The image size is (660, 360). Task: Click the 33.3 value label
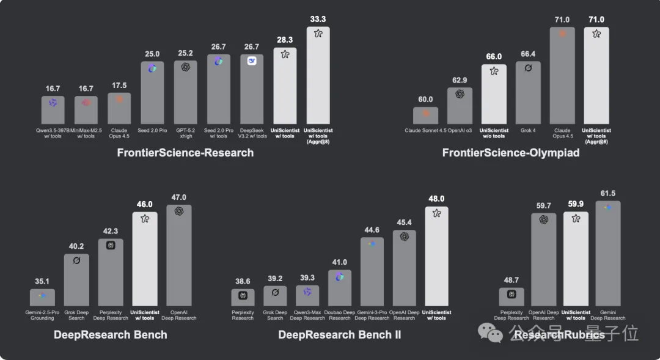click(x=318, y=20)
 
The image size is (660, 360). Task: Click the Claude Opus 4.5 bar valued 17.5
click(x=119, y=109)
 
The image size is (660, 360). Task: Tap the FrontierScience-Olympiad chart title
click(x=511, y=153)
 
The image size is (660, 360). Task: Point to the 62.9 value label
click(x=460, y=79)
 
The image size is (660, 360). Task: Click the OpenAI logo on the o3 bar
click(x=460, y=94)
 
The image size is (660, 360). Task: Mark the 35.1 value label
click(x=42, y=282)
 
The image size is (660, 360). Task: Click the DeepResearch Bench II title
click(x=340, y=334)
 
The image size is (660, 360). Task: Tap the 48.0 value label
click(x=436, y=199)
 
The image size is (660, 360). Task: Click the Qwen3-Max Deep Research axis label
click(x=307, y=315)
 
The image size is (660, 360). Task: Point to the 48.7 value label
click(x=512, y=281)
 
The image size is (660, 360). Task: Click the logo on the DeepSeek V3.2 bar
click(x=252, y=61)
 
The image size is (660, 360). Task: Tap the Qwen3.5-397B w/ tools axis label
click(x=53, y=133)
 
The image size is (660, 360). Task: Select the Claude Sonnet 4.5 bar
click(x=425, y=116)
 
